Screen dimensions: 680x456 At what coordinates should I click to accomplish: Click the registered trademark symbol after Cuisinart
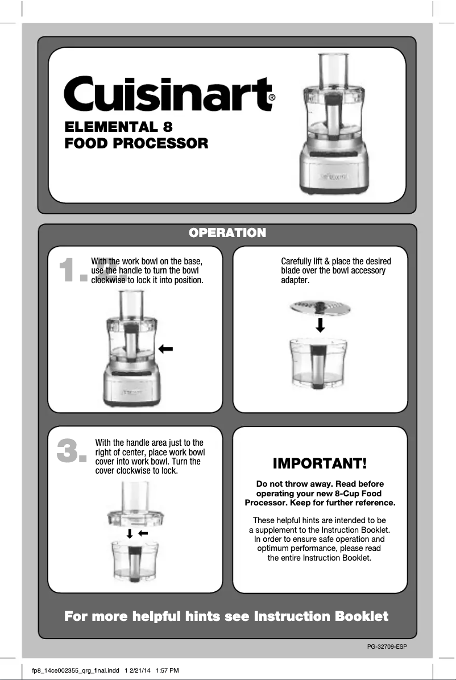(x=272, y=98)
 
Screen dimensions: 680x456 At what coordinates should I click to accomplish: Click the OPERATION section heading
(x=227, y=233)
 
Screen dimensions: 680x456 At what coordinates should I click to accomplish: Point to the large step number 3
(x=72, y=452)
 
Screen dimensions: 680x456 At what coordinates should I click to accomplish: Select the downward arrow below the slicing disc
(x=321, y=325)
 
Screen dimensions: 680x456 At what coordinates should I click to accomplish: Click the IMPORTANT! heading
(x=320, y=463)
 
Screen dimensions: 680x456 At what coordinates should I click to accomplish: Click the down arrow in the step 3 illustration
(x=130, y=533)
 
